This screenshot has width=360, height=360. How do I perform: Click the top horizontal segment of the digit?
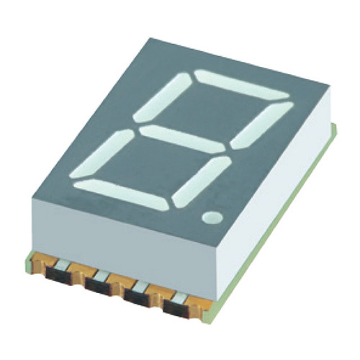pos(241,84)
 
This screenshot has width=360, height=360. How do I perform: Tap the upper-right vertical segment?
pos(264,125)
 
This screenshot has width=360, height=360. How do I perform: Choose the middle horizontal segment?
pos(183,138)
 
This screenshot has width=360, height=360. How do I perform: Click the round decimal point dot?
pos(212,216)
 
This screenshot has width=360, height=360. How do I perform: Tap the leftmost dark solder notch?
pos(60,274)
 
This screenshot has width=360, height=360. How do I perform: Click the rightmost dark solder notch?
pos(177,309)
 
